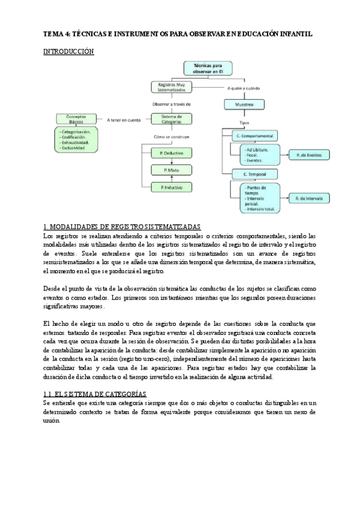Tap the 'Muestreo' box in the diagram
pos(241,104)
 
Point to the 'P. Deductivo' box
pos(172,154)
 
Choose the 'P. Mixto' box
pos(172,170)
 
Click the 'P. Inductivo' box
pos(172,188)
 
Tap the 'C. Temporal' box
pos(254,174)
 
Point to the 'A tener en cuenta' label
pos(124,119)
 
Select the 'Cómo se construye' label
pos(172,137)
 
